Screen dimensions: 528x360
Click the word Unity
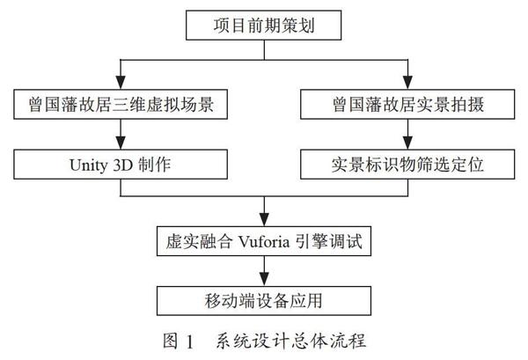(x=89, y=165)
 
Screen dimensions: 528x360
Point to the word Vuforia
(x=264, y=241)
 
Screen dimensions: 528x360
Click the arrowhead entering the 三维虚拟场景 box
(x=121, y=83)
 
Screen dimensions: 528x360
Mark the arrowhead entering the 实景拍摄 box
(x=407, y=83)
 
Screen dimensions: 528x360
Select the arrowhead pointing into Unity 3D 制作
(x=121, y=143)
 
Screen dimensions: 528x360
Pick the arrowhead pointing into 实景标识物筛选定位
(x=407, y=143)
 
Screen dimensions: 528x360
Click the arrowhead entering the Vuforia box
(x=264, y=219)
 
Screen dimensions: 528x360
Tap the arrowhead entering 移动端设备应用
(x=264, y=280)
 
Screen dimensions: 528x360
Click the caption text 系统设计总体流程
(x=291, y=341)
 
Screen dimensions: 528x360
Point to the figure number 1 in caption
(x=189, y=342)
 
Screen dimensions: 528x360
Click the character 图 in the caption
(x=171, y=341)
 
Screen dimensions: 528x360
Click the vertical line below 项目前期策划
(x=264, y=50)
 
